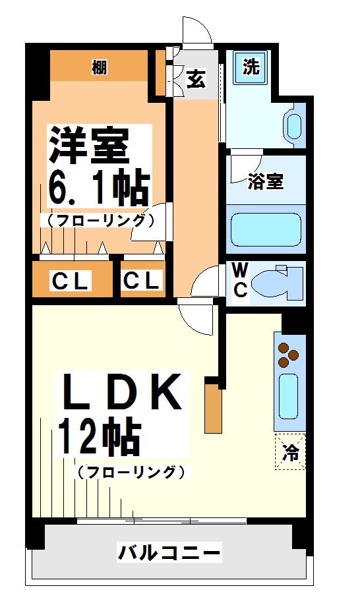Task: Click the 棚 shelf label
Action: click(100, 67)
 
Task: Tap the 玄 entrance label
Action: click(196, 78)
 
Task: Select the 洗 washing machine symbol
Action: click(251, 67)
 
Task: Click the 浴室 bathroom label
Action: click(266, 183)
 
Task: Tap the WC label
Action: click(240, 280)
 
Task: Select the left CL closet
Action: click(71, 281)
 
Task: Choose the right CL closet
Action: click(142, 281)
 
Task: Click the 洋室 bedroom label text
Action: click(88, 145)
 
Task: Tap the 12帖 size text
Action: click(100, 438)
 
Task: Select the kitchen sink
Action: click(289, 395)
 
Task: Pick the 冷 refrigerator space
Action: click(290, 452)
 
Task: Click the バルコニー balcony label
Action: click(169, 552)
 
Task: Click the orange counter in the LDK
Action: click(213, 409)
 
